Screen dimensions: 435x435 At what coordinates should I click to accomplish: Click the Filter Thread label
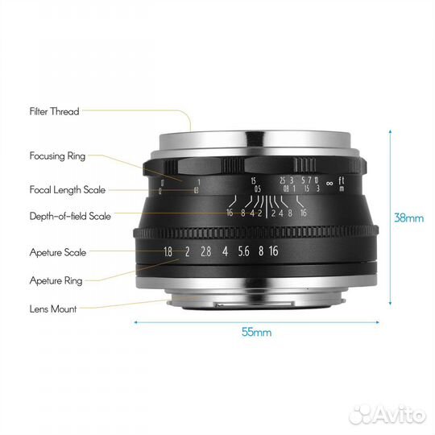point(54,112)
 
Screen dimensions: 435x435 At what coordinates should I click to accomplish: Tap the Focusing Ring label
point(56,156)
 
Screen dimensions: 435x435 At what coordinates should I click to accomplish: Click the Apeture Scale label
point(58,252)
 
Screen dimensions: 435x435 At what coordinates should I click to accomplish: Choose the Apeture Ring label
point(56,281)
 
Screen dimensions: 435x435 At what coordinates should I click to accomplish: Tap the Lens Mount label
point(52,308)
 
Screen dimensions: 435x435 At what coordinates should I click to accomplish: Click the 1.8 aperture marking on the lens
point(168,251)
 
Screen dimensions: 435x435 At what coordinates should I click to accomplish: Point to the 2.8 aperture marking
point(206,251)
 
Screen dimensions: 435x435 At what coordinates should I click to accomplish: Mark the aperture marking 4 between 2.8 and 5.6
point(225,251)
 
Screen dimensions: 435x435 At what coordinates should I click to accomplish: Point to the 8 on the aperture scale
point(260,251)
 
